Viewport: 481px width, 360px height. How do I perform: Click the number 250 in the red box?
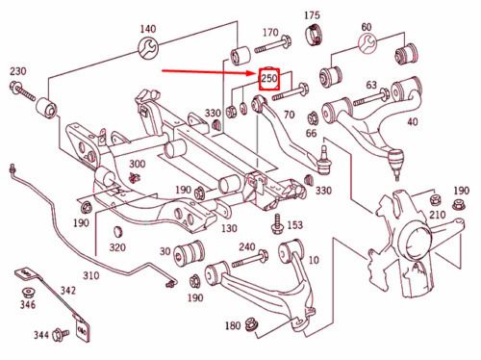269,78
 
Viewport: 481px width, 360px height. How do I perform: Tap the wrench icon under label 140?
148,47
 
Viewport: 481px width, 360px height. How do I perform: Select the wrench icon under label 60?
367,43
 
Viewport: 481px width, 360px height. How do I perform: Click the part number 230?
18,71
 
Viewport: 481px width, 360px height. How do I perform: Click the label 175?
312,15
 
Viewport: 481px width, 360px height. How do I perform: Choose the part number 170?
270,33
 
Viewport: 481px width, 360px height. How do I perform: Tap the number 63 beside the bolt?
371,85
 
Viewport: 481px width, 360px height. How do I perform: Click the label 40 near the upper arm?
413,122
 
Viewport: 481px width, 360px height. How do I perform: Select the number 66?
311,133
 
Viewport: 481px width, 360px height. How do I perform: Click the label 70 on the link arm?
289,115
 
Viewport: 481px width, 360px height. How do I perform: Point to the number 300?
137,164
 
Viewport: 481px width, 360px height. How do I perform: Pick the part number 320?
117,247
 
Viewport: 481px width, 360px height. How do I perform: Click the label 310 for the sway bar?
91,275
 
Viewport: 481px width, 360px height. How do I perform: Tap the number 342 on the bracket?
68,291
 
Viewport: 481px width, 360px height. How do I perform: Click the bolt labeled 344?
62,334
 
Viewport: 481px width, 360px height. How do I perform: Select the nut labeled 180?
251,324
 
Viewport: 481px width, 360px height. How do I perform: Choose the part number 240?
247,247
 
